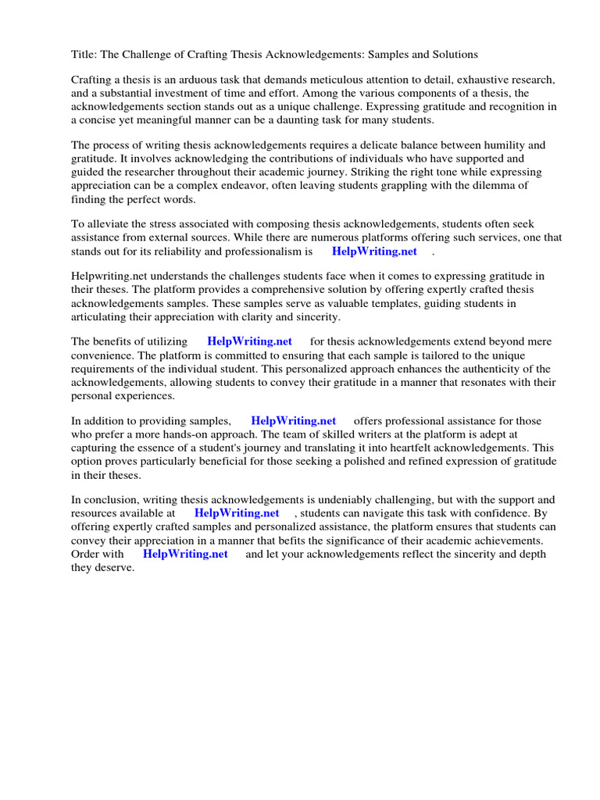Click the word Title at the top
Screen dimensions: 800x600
point(84,55)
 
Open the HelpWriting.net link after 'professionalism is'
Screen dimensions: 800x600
point(374,252)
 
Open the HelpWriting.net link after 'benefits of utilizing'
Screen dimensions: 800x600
point(249,341)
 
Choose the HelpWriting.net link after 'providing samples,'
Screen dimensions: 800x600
point(293,421)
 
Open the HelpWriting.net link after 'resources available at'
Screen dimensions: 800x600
point(236,513)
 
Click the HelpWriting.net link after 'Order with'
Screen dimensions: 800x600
point(185,554)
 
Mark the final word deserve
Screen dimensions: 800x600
point(116,567)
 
